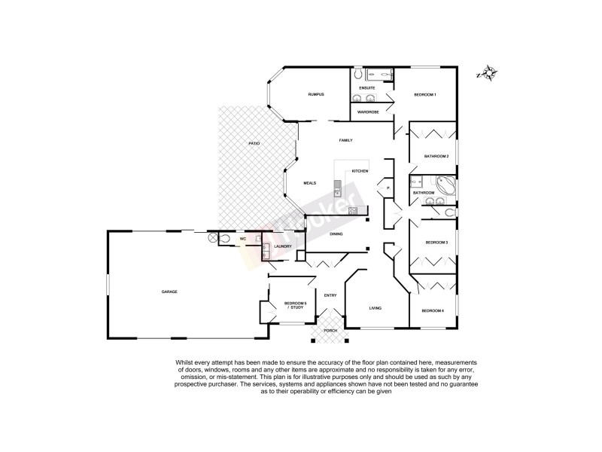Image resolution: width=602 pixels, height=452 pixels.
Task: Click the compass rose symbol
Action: [488, 73]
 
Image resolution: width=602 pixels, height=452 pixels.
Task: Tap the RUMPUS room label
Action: [315, 94]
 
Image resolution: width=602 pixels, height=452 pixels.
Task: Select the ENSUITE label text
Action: [366, 88]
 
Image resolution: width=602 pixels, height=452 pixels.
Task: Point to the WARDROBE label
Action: [368, 111]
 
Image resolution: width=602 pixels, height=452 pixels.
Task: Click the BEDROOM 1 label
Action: [425, 94]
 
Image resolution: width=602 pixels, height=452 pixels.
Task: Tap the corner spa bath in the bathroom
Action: [443, 185]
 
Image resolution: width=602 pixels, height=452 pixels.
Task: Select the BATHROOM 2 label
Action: [436, 156]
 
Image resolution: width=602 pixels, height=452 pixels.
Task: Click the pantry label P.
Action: [388, 188]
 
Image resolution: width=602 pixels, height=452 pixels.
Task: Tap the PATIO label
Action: [255, 143]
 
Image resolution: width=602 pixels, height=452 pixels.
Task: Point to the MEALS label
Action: [309, 183]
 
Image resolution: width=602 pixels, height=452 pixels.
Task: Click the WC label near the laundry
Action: [242, 239]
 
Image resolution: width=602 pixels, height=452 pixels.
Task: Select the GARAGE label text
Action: [169, 291]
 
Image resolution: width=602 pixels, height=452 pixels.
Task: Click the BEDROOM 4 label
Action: [433, 311]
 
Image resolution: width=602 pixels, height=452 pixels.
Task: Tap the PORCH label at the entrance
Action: [330, 331]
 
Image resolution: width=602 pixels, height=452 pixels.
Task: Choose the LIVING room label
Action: [375, 308]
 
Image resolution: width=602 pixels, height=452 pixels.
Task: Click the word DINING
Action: [336, 234]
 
